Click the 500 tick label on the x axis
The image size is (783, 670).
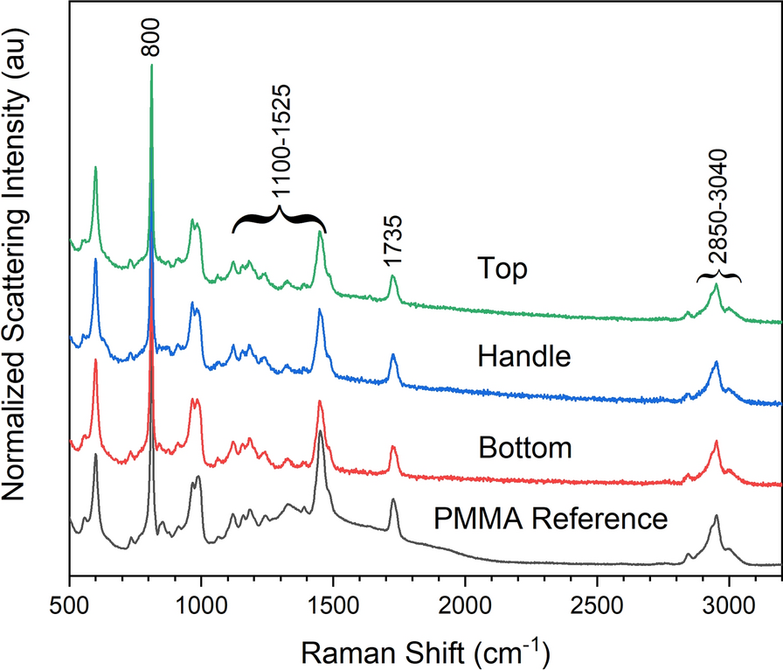[x=69, y=604]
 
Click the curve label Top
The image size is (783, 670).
[x=502, y=269]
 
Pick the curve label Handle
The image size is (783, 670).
[x=524, y=356]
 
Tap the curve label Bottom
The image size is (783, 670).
[x=525, y=448]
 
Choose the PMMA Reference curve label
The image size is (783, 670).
[x=551, y=519]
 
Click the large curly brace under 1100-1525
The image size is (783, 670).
[x=279, y=219]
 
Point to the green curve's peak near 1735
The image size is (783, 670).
[x=393, y=277]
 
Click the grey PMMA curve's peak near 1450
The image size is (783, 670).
[x=321, y=432]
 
